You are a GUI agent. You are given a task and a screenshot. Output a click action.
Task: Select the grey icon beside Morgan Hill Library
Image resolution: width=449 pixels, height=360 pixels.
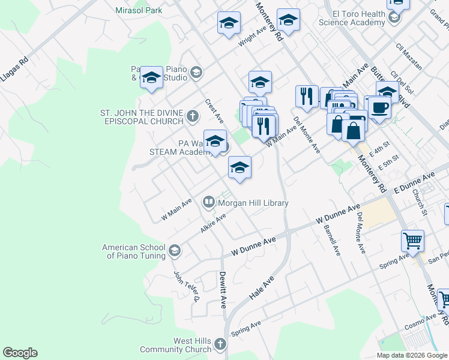pos(208,202)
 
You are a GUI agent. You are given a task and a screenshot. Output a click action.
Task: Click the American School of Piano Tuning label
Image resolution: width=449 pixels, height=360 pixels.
pos(133,251)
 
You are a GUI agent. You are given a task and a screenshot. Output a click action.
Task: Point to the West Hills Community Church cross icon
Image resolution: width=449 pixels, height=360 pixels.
pos(220,344)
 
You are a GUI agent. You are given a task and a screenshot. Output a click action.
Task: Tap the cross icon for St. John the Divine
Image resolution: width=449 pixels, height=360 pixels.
pos(192,116)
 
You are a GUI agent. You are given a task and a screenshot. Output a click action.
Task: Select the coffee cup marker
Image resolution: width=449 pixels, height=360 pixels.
pos(379,108)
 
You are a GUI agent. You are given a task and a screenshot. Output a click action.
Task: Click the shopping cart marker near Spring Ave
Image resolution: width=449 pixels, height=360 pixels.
pos(412,241)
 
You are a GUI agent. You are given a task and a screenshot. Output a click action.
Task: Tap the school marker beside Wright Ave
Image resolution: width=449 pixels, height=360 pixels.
pos(229,24)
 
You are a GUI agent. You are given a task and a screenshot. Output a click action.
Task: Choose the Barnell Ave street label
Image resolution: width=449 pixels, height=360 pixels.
pos(331,240)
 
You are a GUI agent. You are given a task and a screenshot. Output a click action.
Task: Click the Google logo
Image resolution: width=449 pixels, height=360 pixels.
pos(20,353)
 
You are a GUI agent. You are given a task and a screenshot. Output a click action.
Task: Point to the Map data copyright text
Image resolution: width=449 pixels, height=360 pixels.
pos(411,355)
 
